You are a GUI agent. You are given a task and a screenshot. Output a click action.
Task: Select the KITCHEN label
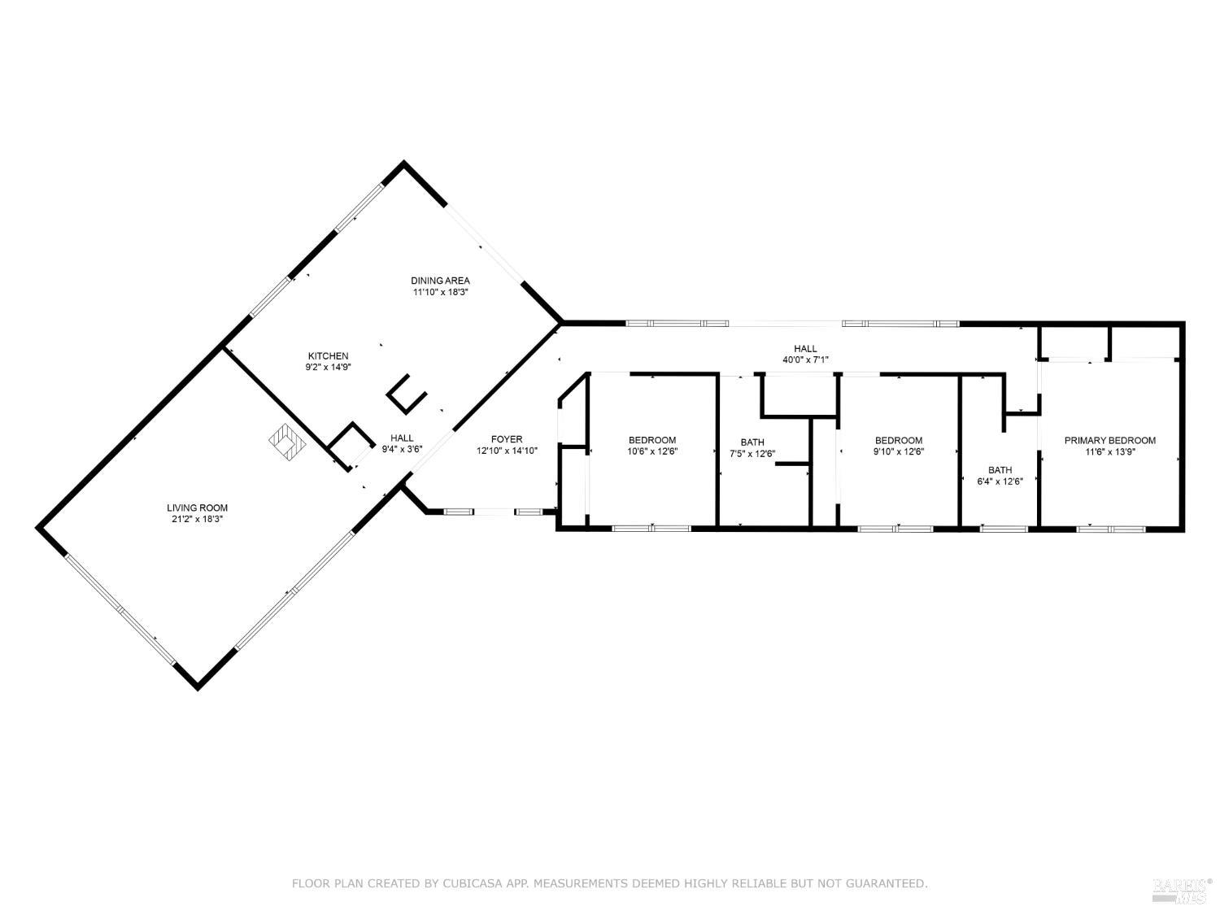coord(328,355)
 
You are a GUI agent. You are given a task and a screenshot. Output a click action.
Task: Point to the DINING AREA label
coord(440,281)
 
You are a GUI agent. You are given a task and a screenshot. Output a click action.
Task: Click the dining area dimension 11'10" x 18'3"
coord(440,291)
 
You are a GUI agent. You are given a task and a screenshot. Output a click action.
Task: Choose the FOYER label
coord(507,439)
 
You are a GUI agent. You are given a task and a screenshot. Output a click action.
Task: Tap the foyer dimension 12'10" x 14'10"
coord(507,450)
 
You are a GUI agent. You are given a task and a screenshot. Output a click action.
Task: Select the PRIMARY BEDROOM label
coord(1109,440)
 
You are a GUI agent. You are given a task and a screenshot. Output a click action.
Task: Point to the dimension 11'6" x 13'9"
coord(1109,451)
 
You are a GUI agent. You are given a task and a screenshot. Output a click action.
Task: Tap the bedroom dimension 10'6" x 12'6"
coord(651,451)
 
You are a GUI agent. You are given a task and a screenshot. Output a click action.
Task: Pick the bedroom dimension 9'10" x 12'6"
coord(899,451)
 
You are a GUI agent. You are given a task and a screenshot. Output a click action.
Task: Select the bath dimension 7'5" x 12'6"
coord(752,454)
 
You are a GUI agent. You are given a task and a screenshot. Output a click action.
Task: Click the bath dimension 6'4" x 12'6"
coord(1000,481)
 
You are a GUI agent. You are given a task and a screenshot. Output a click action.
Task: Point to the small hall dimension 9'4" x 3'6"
coord(402,449)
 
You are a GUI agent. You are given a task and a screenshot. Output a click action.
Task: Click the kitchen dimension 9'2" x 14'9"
coord(328,367)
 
